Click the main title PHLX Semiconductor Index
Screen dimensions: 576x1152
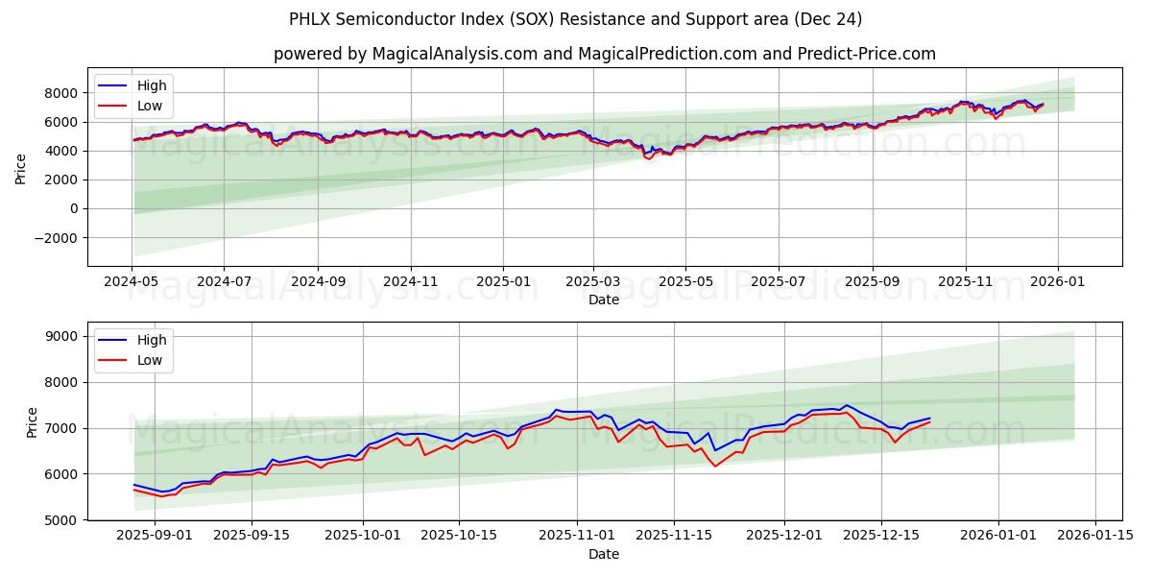575,19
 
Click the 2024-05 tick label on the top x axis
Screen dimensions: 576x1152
132,283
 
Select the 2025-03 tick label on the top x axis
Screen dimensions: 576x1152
593,283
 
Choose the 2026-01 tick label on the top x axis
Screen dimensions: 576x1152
1058,283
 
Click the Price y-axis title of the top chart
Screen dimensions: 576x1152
21,167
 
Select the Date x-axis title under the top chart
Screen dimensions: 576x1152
604,300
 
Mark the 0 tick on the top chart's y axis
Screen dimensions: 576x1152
75,209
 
